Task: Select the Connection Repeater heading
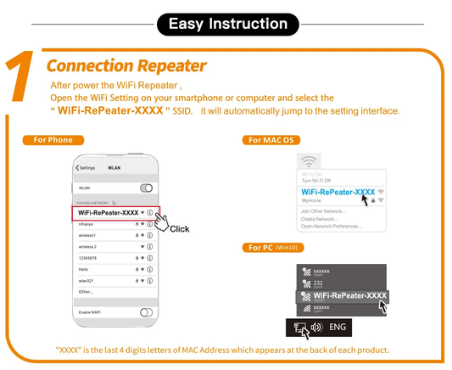click(126, 65)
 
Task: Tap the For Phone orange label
click(53, 139)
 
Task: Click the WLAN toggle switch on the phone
click(146, 187)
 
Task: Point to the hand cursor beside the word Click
click(161, 220)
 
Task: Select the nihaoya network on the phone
click(87, 224)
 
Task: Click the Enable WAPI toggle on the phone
click(146, 313)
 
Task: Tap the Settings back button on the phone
click(86, 167)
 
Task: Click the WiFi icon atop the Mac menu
click(310, 161)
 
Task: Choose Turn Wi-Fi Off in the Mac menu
click(316, 181)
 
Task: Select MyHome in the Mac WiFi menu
click(311, 201)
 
